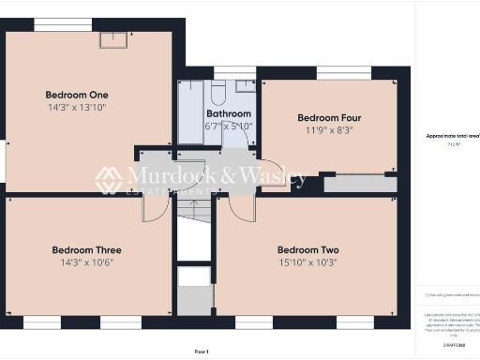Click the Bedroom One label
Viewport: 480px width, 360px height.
click(x=77, y=95)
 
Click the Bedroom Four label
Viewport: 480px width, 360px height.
click(x=329, y=118)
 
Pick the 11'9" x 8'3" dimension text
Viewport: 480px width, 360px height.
click(x=329, y=132)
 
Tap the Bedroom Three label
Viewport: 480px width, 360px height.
click(x=86, y=250)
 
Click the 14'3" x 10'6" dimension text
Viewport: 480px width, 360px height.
click(x=86, y=264)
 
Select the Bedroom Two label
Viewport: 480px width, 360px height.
click(x=307, y=250)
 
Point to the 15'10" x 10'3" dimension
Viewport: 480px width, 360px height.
click(x=307, y=264)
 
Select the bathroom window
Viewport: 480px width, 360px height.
click(x=233, y=72)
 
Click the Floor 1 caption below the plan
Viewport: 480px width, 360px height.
click(x=201, y=351)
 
